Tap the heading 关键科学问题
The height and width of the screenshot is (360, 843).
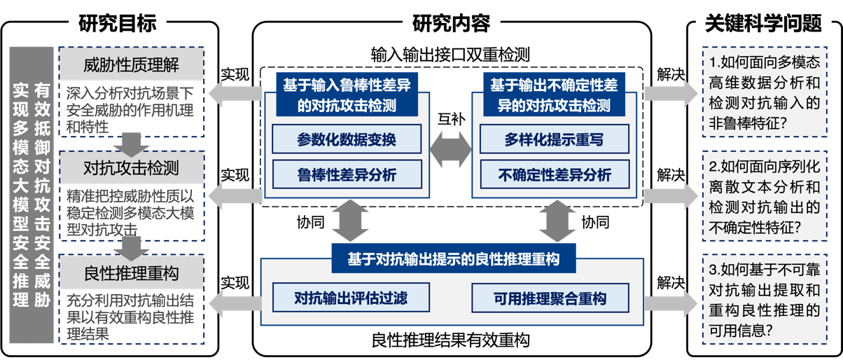762,24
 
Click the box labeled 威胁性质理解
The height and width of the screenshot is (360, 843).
132,66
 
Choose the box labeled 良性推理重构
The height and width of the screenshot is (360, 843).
132,272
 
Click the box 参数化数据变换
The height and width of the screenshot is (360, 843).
347,139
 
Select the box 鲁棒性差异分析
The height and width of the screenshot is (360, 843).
347,174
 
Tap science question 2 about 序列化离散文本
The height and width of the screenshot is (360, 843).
764,197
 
